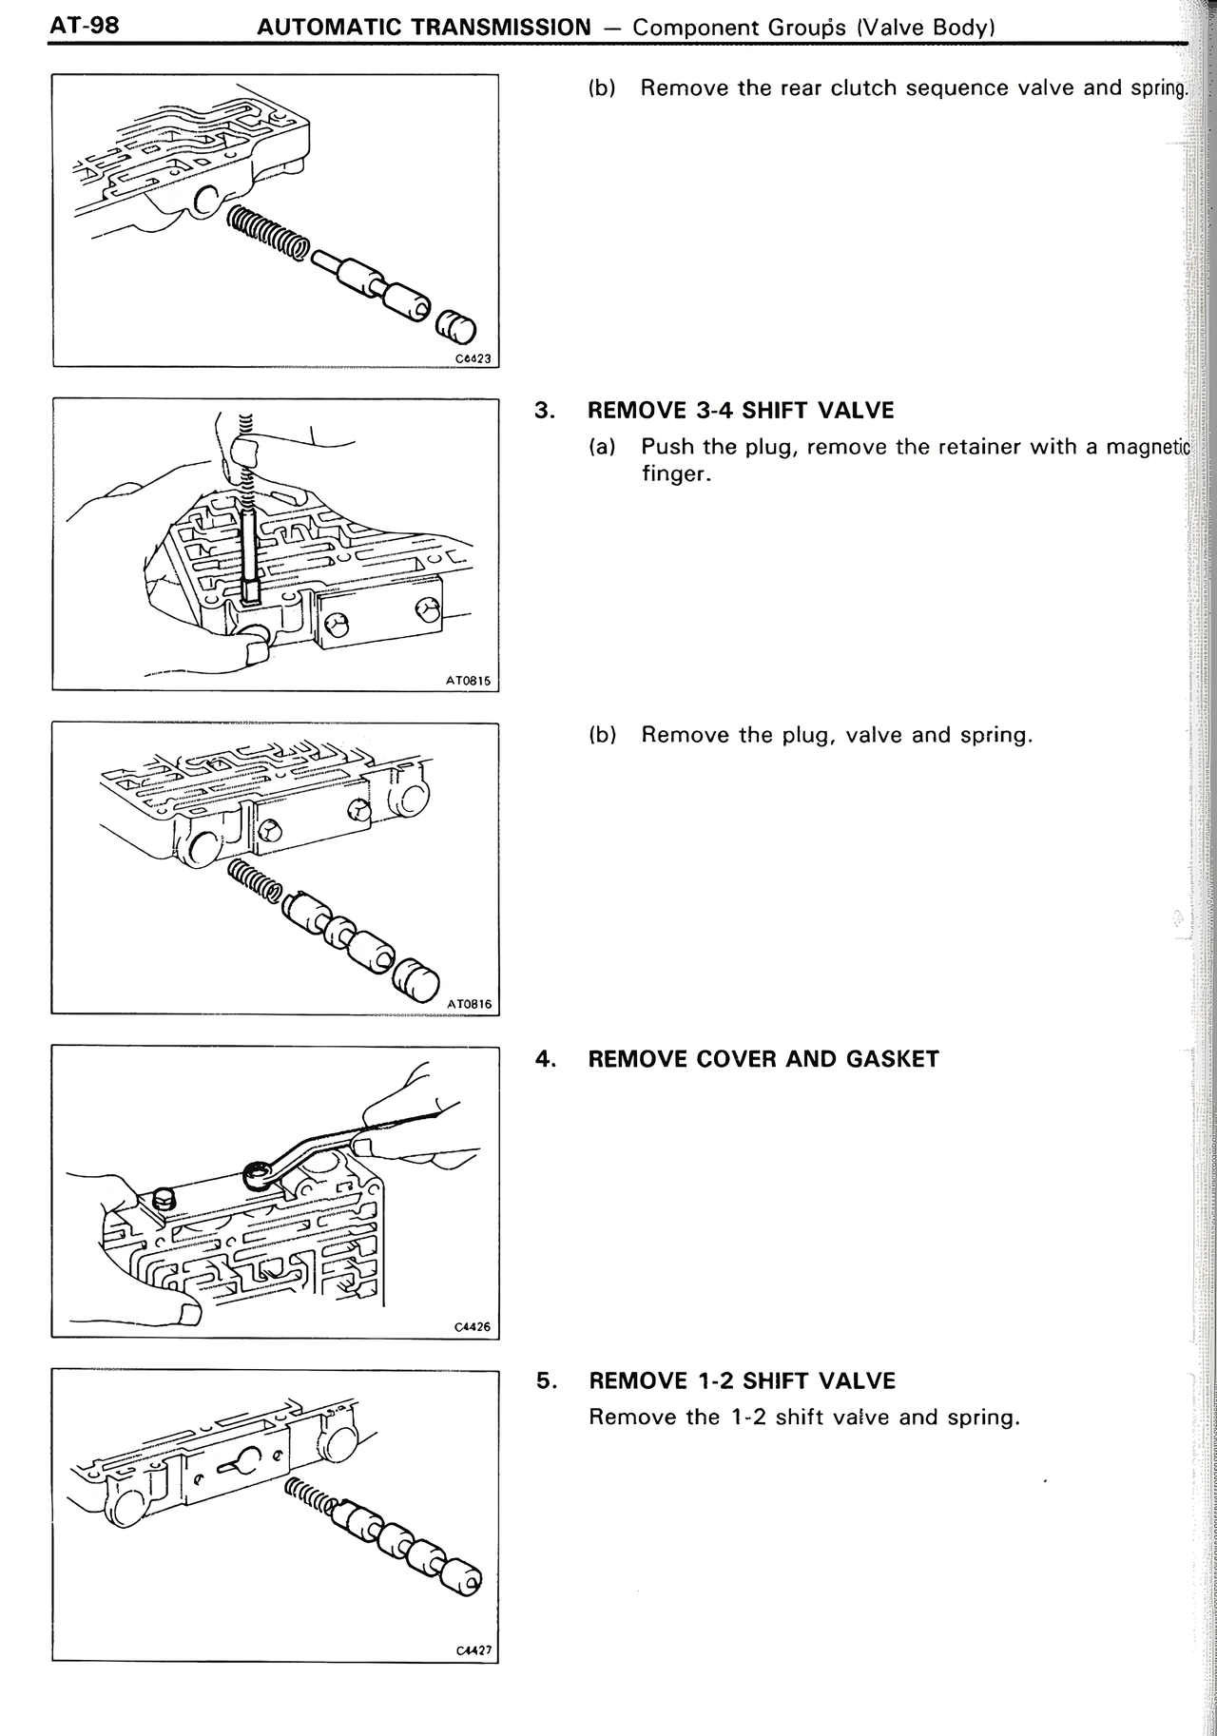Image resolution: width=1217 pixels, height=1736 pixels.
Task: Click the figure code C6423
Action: [473, 358]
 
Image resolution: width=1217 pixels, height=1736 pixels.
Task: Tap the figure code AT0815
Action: [468, 681]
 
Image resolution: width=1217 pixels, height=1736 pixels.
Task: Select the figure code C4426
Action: [473, 1326]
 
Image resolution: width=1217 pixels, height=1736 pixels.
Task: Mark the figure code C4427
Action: [473, 1650]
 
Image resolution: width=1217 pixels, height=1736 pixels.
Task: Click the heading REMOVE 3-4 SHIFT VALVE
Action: [741, 411]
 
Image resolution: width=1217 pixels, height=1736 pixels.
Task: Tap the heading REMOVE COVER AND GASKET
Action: [763, 1059]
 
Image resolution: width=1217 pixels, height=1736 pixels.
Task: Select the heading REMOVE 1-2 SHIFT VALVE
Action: [742, 1380]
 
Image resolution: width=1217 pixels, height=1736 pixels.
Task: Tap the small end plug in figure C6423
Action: [455, 330]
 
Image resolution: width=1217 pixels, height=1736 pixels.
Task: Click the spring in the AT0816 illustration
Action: [255, 879]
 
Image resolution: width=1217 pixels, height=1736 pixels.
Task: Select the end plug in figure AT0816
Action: [416, 981]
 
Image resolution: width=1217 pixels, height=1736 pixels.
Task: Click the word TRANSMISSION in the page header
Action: [502, 27]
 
